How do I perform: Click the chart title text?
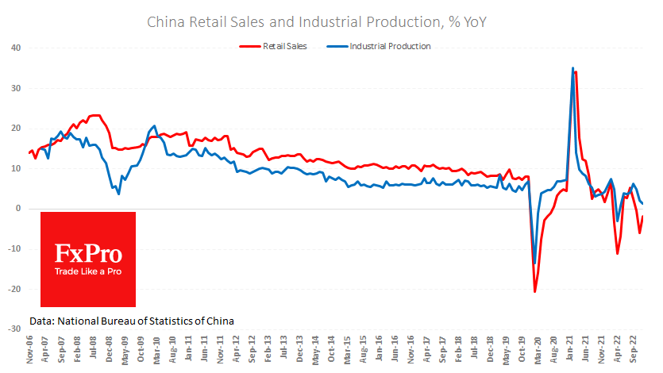(317, 21)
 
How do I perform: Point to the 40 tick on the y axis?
(16, 48)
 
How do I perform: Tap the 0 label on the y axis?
(18, 209)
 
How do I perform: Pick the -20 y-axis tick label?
(14, 289)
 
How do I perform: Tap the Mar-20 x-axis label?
(538, 349)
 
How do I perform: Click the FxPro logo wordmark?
(88, 253)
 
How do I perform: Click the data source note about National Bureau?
(131, 321)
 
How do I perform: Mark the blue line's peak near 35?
(572, 68)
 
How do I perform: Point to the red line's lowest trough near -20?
(534, 292)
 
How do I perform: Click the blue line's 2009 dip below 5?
(118, 194)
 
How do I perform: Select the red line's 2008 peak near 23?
(95, 115)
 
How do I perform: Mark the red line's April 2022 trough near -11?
(618, 254)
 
